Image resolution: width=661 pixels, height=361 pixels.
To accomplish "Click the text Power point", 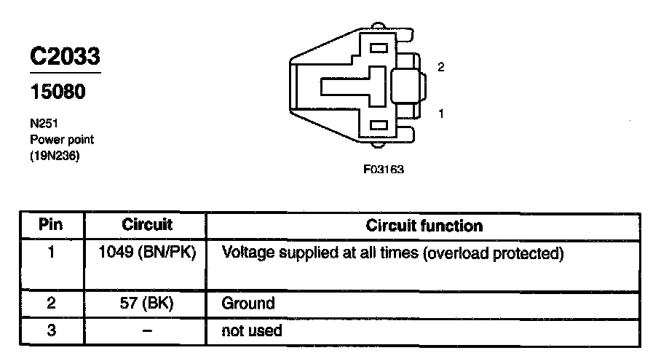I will pos(62,139).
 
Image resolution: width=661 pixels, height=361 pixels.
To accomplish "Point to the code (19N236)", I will pos(54,155).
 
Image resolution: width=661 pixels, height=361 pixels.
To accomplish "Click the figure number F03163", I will pos(384,170).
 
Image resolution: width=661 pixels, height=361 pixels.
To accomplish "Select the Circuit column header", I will pos(146,225).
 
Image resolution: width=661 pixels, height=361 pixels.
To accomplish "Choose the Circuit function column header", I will pos(424,226).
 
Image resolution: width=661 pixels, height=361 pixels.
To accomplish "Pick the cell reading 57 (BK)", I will pos(147,303).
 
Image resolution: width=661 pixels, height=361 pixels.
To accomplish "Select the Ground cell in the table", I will pos(248,303).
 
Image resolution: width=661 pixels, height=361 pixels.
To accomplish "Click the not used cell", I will pos(252,330).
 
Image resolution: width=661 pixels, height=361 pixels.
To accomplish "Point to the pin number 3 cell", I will pos(51,330).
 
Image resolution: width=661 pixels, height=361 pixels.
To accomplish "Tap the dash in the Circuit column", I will pos(147,330).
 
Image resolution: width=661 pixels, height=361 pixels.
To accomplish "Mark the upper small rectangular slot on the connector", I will pos(379,49).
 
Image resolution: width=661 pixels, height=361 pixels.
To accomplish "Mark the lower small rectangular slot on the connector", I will pos(379,125).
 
